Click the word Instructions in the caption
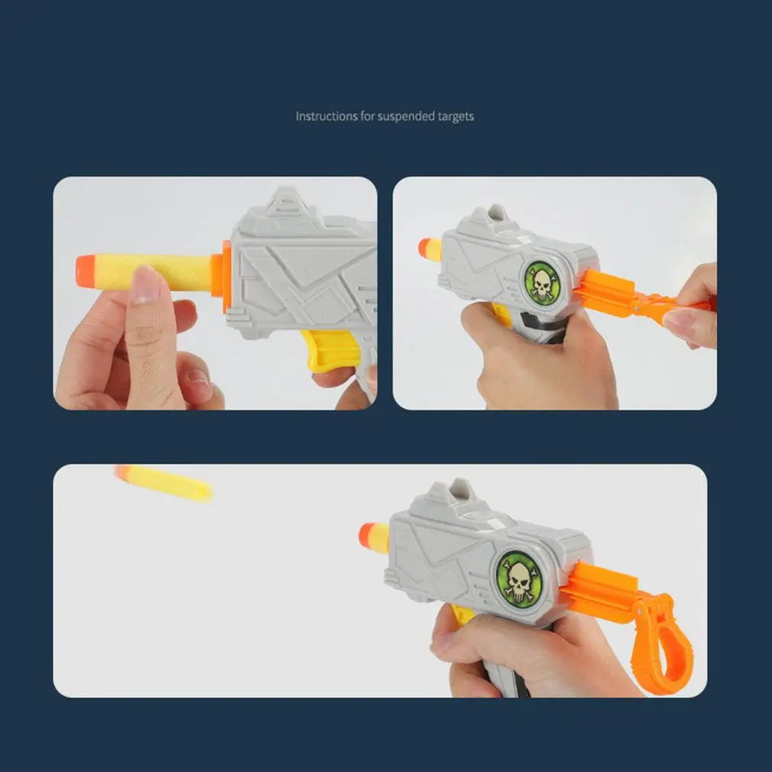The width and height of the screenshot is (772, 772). point(326,117)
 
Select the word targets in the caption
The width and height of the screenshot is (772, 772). point(456,117)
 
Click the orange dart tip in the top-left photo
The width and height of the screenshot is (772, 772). point(86,271)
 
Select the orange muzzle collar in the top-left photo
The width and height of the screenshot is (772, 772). point(226,276)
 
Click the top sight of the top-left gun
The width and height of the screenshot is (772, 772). point(287,199)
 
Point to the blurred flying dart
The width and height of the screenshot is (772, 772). point(164,483)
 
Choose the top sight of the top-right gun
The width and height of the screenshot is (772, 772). point(494,215)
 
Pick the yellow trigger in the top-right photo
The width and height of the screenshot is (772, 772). point(501,313)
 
